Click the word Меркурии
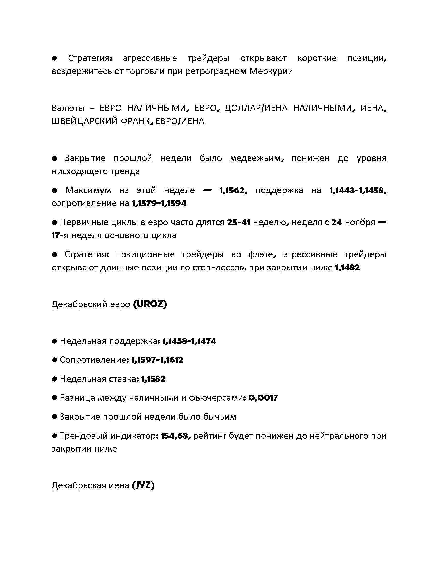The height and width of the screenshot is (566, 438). pos(271,71)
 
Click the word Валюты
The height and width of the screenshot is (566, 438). pos(68,108)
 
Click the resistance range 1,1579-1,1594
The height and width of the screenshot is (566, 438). pos(159,203)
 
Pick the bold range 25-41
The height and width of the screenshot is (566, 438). pos(239,222)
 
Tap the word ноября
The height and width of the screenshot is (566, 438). pos(360,222)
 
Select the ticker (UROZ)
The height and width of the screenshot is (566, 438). pos(150,304)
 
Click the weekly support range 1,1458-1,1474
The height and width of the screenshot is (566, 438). pos(189,341)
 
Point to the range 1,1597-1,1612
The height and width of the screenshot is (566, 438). pos(157,360)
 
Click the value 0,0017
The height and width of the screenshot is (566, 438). pos(263,398)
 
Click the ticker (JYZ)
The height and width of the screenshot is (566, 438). pos(143,485)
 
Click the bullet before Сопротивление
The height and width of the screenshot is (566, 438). pos(54,360)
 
